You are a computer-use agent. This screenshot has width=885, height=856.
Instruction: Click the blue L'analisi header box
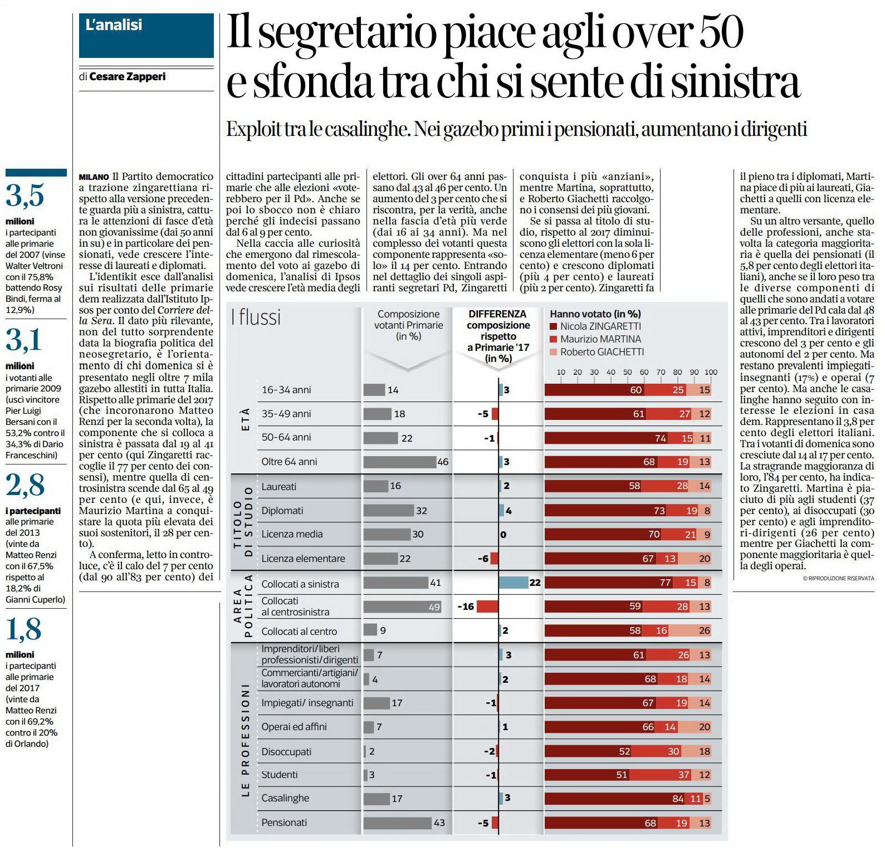(146, 36)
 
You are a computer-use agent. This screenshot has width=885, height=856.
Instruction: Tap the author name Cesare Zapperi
(128, 77)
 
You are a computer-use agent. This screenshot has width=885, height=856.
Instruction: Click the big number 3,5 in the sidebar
(25, 195)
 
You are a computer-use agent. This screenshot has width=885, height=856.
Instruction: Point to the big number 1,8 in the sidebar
(24, 629)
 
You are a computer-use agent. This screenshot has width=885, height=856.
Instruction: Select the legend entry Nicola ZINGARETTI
(596, 326)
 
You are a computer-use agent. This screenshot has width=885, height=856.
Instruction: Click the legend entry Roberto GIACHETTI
(597, 352)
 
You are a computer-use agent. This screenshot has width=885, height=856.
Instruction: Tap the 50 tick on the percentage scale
(628, 372)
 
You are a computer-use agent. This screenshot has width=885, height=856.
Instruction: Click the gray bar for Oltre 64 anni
(400, 462)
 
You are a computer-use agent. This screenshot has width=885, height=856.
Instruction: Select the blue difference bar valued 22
(513, 583)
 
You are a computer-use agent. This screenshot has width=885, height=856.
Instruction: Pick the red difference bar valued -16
(487, 606)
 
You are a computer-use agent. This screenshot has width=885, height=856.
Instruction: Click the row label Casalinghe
(285, 798)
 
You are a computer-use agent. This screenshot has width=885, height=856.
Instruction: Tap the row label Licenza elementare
(303, 559)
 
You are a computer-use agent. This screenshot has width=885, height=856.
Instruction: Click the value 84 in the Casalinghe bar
(678, 799)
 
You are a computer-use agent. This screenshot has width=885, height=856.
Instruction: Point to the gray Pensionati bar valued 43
(398, 823)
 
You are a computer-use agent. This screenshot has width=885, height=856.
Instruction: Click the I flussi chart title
(256, 317)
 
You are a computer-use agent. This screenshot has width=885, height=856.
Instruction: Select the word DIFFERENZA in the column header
(497, 314)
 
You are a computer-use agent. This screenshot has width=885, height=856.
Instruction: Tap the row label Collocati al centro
(299, 632)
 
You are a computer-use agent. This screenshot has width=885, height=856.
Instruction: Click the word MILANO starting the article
(94, 177)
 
